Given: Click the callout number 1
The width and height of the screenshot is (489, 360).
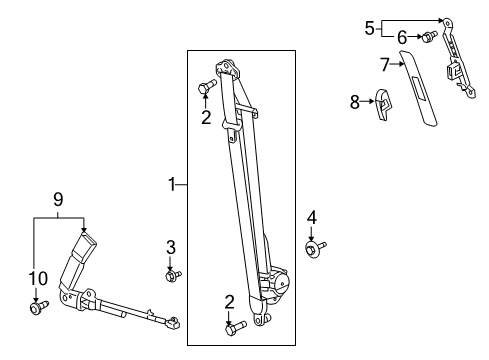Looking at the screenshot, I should (x=173, y=184).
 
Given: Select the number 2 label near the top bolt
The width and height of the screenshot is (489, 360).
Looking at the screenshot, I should (x=206, y=117).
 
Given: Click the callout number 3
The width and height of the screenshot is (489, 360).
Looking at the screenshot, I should (x=171, y=247).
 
